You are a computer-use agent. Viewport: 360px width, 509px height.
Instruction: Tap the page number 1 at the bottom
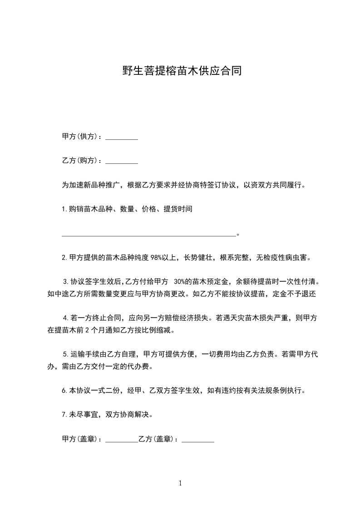(x=180, y=483)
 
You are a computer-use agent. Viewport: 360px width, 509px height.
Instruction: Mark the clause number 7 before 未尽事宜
(x=64, y=415)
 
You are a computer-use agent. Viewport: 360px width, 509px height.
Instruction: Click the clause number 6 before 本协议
(x=64, y=390)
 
